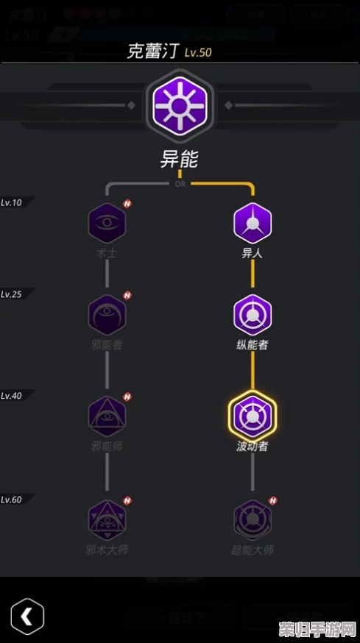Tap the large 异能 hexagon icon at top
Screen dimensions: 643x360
click(x=180, y=106)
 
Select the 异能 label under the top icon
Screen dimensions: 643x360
click(x=180, y=158)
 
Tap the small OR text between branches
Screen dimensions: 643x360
click(x=180, y=184)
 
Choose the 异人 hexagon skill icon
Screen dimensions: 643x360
click(x=253, y=223)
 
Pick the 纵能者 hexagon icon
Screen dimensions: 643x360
click(x=253, y=315)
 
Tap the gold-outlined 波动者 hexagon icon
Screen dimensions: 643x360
click(x=253, y=416)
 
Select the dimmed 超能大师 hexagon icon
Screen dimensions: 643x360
click(x=253, y=519)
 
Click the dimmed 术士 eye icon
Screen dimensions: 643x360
click(x=107, y=223)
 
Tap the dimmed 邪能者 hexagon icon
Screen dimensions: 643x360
click(x=107, y=315)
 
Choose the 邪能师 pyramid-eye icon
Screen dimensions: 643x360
click(x=107, y=416)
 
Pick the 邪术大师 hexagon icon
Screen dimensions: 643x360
click(x=107, y=519)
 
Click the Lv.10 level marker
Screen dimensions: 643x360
click(x=12, y=202)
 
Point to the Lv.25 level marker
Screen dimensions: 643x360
click(x=12, y=294)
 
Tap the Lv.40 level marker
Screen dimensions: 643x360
click(x=12, y=395)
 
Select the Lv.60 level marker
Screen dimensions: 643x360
click(x=12, y=500)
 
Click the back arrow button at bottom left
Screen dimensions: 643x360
click(x=27, y=616)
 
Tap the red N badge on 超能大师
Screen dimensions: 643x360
click(x=273, y=500)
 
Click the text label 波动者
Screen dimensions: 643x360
click(x=253, y=446)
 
